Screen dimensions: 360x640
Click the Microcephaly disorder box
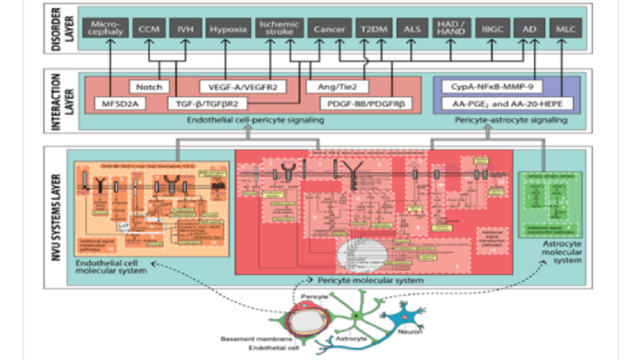pos(105,29)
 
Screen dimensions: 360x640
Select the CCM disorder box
pos(148,29)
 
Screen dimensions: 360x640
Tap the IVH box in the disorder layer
pos(185,29)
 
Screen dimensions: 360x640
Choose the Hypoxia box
pos(228,29)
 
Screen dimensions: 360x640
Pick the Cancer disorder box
pos(329,29)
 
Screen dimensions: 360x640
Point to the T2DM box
pos(373,29)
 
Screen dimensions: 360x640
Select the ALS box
pos(411,29)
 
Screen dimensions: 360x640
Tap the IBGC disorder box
pos(492,29)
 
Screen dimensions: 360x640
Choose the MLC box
pos(565,29)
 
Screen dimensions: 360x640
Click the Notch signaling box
pos(149,87)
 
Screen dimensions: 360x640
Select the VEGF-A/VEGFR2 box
pos(242,87)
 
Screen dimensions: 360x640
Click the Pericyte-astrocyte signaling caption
pos(511,120)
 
